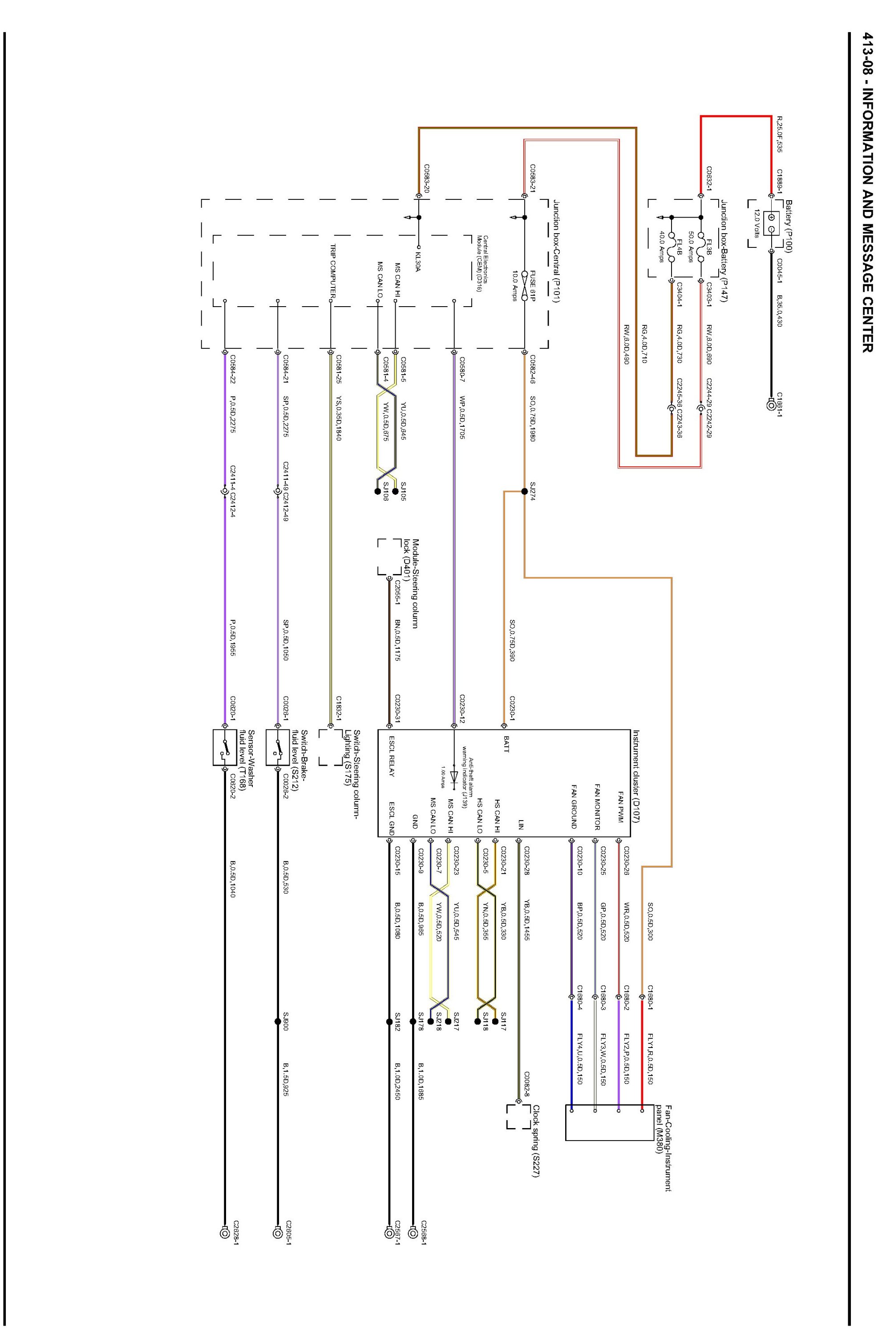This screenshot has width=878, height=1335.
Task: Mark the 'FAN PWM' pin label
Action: click(620, 808)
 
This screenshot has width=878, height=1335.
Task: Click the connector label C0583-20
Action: click(427, 178)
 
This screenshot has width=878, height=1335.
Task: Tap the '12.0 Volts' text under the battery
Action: click(757, 223)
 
